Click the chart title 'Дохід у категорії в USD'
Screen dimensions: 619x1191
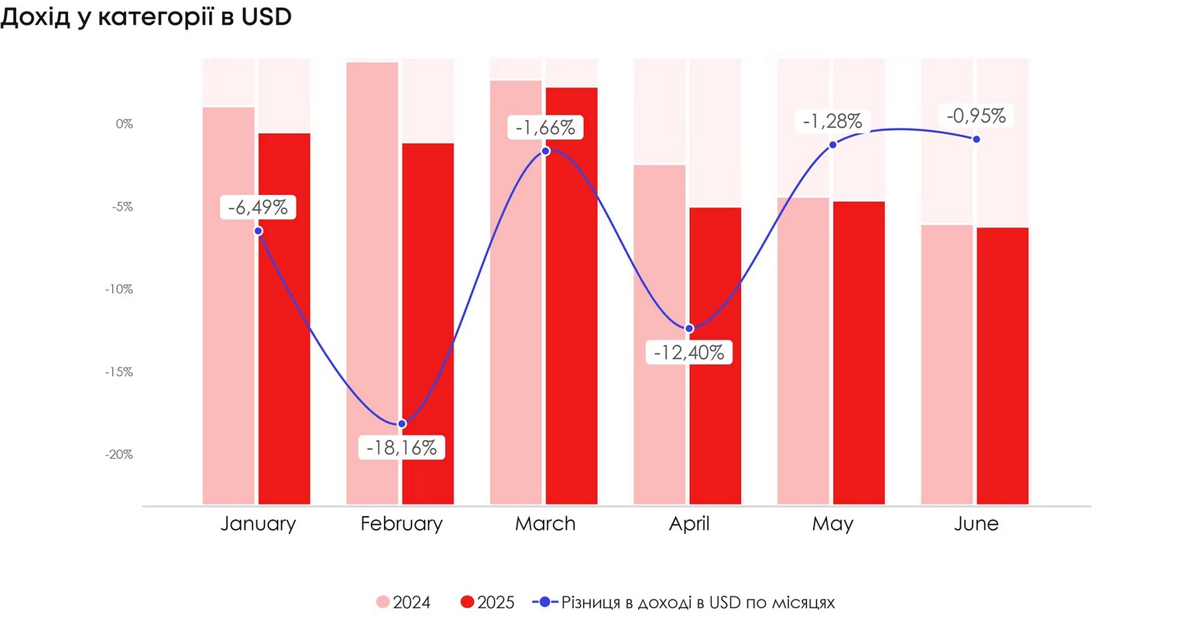(146, 17)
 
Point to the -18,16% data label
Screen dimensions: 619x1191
(401, 448)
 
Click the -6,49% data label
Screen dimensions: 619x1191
(258, 207)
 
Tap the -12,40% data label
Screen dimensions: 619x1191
(688, 353)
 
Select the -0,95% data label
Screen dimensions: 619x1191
(976, 117)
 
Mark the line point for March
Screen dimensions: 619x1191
(545, 150)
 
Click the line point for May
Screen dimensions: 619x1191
(832, 145)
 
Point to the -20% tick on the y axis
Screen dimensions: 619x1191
(119, 454)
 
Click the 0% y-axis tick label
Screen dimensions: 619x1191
(124, 124)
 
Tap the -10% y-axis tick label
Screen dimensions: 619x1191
(119, 289)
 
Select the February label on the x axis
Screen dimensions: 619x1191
(401, 524)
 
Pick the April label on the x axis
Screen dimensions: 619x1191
(688, 524)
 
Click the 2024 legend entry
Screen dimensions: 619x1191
(403, 603)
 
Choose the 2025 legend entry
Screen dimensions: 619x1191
(487, 603)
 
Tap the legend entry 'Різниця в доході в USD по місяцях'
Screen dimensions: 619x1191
(685, 603)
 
